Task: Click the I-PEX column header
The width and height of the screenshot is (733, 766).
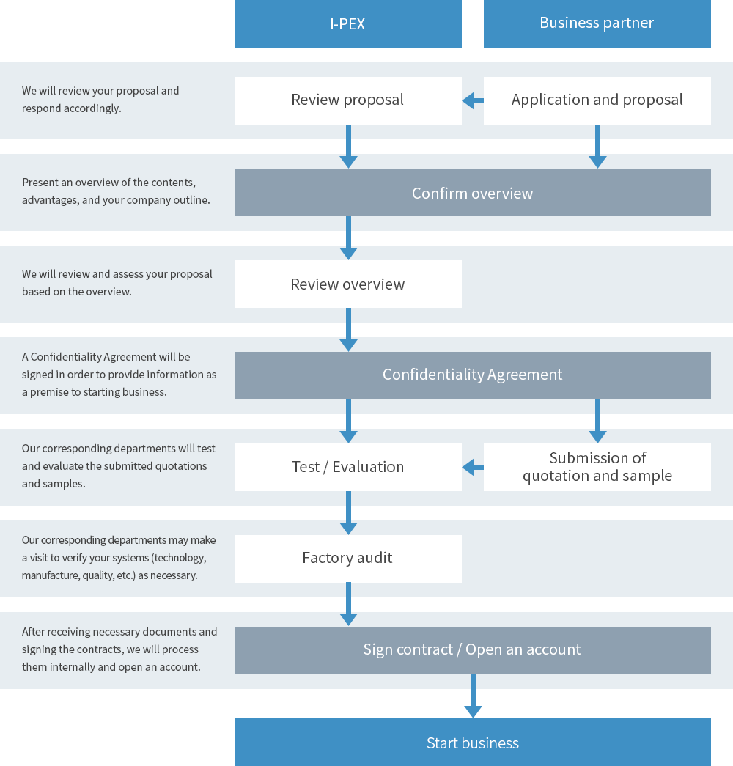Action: click(x=348, y=23)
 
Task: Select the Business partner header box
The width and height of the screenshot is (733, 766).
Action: click(x=597, y=23)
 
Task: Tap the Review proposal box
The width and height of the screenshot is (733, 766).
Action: click(x=348, y=100)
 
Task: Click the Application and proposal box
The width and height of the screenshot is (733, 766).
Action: click(x=597, y=100)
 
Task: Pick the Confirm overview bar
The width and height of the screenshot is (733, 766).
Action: click(x=473, y=193)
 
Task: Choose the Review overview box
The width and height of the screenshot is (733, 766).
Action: click(x=348, y=284)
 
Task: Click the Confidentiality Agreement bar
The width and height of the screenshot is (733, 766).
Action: click(x=473, y=376)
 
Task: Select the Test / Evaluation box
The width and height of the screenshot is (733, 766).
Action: click(x=348, y=467)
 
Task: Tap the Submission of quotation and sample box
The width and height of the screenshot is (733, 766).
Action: click(x=597, y=467)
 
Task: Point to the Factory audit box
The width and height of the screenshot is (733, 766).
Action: click(x=348, y=559)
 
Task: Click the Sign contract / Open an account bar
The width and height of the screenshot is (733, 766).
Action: click(x=473, y=650)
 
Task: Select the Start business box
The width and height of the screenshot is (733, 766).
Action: click(x=473, y=742)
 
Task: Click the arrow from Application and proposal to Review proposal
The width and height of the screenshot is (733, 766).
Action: click(x=473, y=101)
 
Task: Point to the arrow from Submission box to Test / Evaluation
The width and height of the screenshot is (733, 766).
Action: click(x=473, y=468)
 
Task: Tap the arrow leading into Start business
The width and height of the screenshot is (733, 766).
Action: click(x=473, y=696)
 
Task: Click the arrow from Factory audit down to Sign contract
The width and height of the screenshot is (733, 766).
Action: click(x=348, y=604)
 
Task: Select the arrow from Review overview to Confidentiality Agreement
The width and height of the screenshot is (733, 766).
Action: click(x=348, y=330)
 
